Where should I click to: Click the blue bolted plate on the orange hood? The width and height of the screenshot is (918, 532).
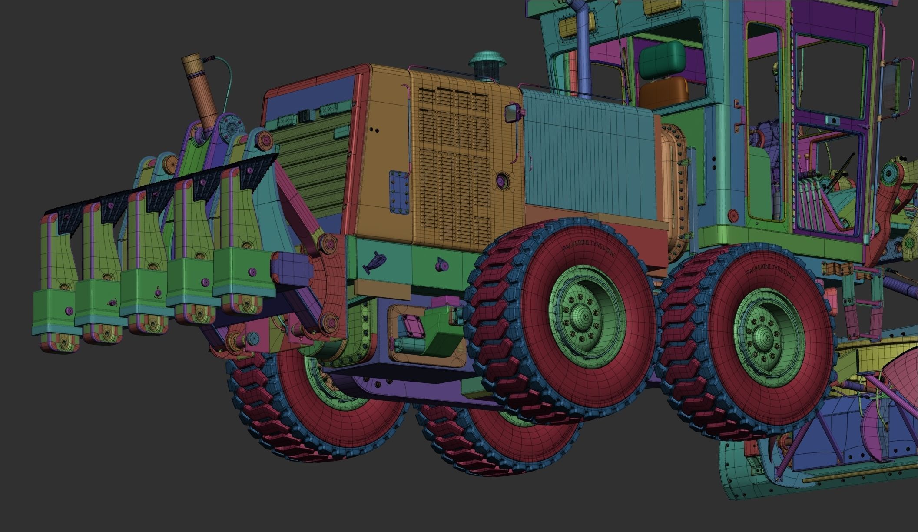[399, 191]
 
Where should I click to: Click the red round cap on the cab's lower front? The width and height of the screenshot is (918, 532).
[733, 214]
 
